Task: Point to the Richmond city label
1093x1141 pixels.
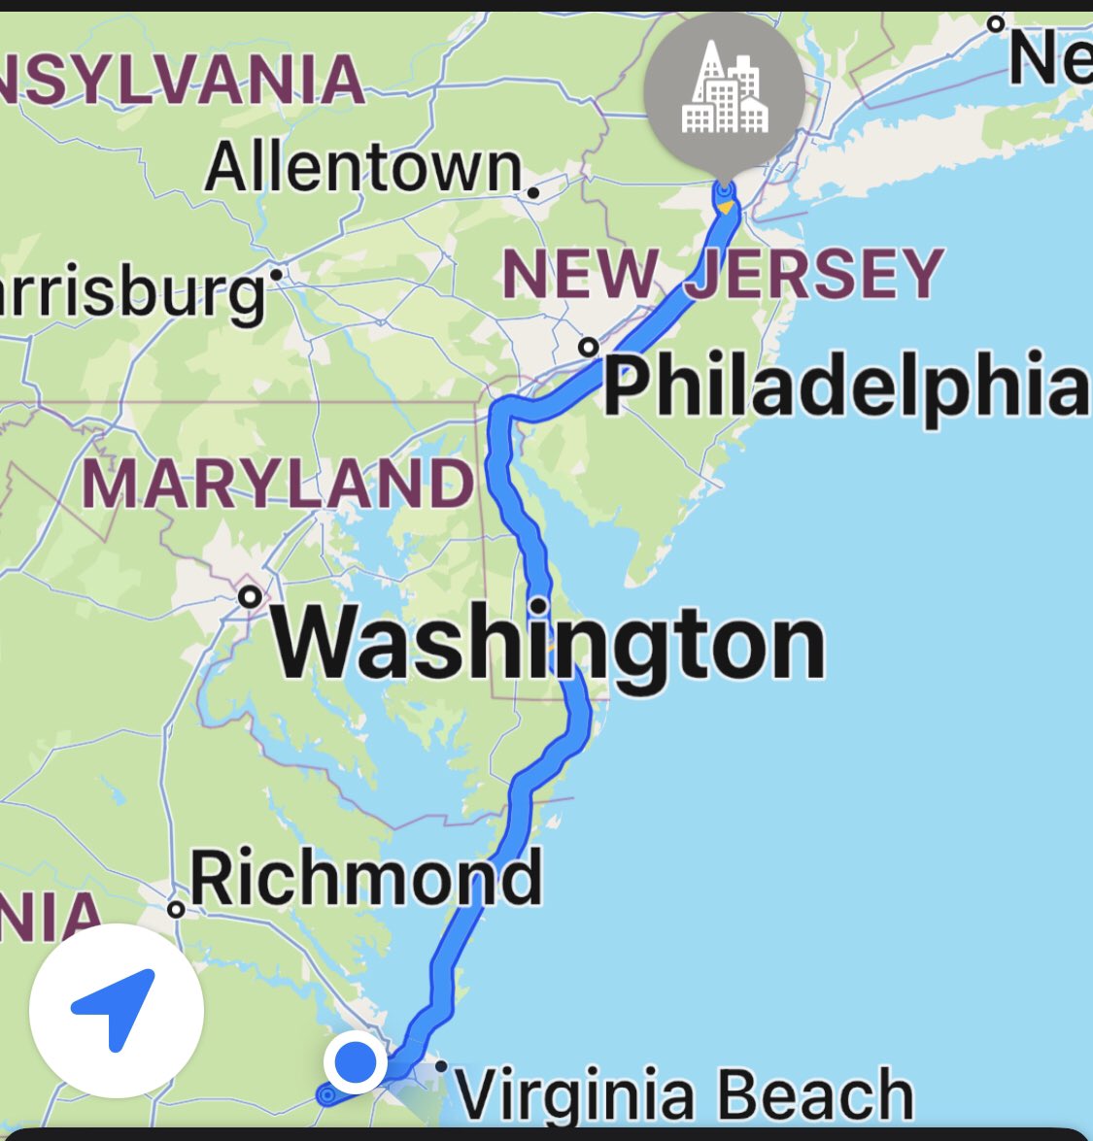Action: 365,877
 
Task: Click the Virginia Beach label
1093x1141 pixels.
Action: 685,1093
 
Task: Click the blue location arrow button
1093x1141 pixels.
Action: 116,1010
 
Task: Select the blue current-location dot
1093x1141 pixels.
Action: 356,1062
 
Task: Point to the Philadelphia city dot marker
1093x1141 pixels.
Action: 587,347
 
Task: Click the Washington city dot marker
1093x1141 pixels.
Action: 250,595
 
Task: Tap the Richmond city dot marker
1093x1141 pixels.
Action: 176,909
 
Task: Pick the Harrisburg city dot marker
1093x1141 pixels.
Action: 276,275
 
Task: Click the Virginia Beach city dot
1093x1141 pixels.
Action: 441,1066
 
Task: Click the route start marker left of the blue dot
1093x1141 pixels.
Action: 326,1095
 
